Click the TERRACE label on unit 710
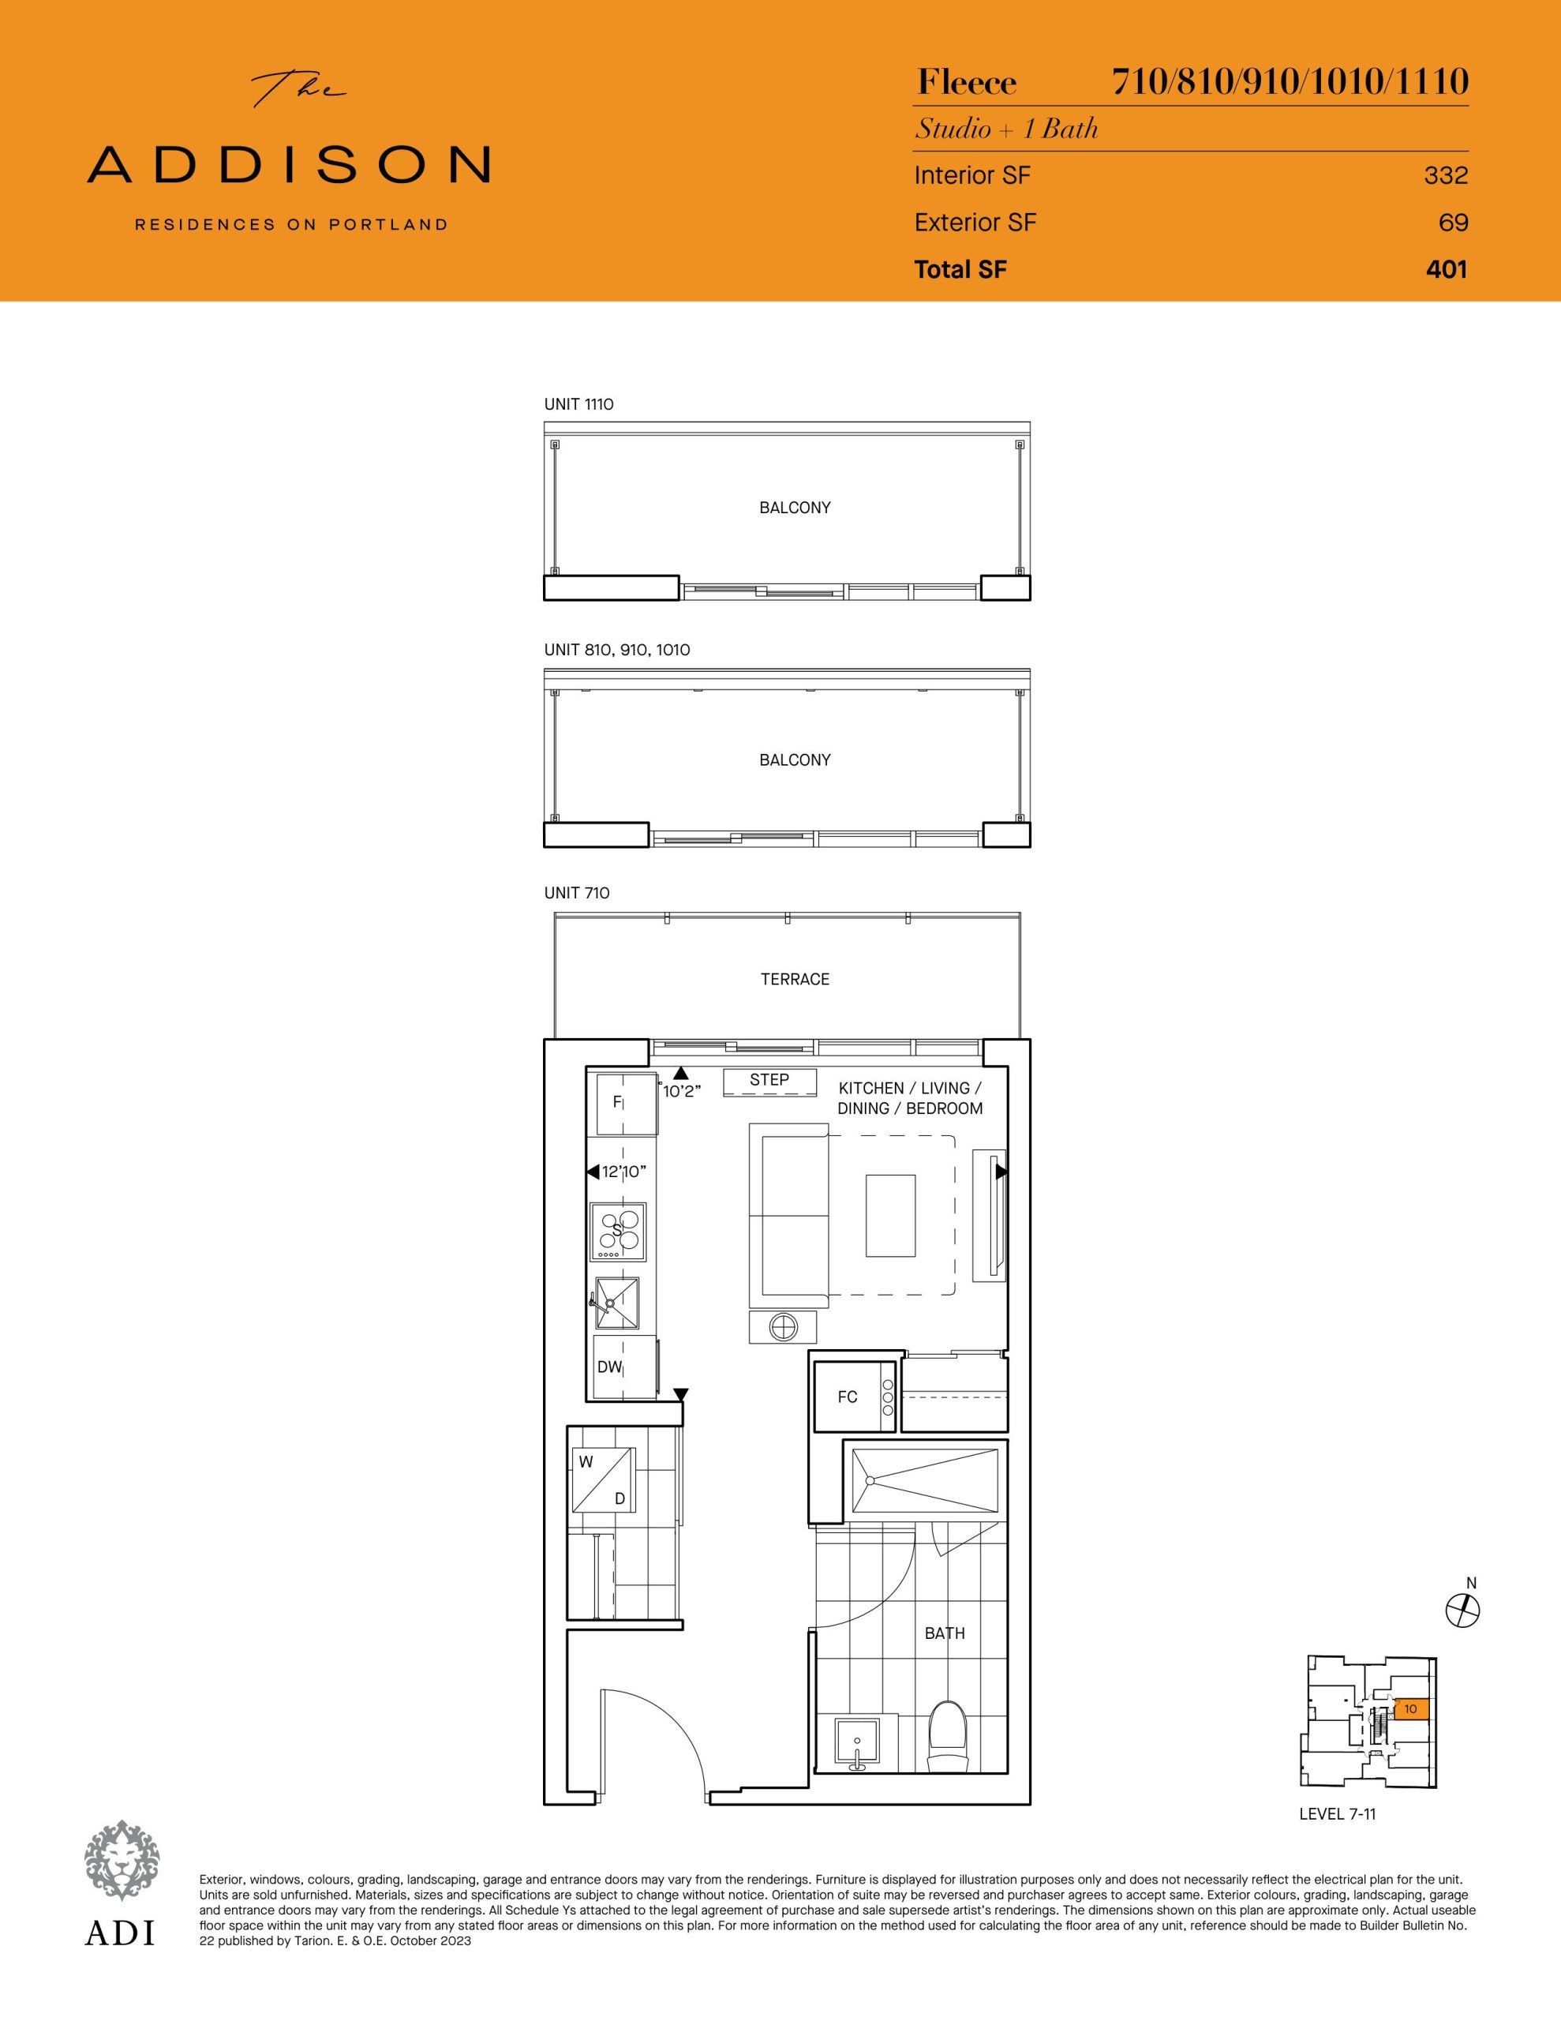pos(795,979)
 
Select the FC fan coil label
pos(848,1397)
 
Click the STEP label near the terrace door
pos(769,1080)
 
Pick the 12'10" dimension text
pos(623,1172)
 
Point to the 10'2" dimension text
pos(682,1092)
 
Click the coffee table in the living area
pos(890,1216)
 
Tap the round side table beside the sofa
pos(783,1328)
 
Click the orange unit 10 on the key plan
pos(1411,1709)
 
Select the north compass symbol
pos(1463,1611)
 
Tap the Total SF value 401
pos(1447,269)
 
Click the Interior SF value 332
pos(1447,175)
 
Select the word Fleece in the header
pos(967,83)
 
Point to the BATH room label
pos(945,1633)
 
